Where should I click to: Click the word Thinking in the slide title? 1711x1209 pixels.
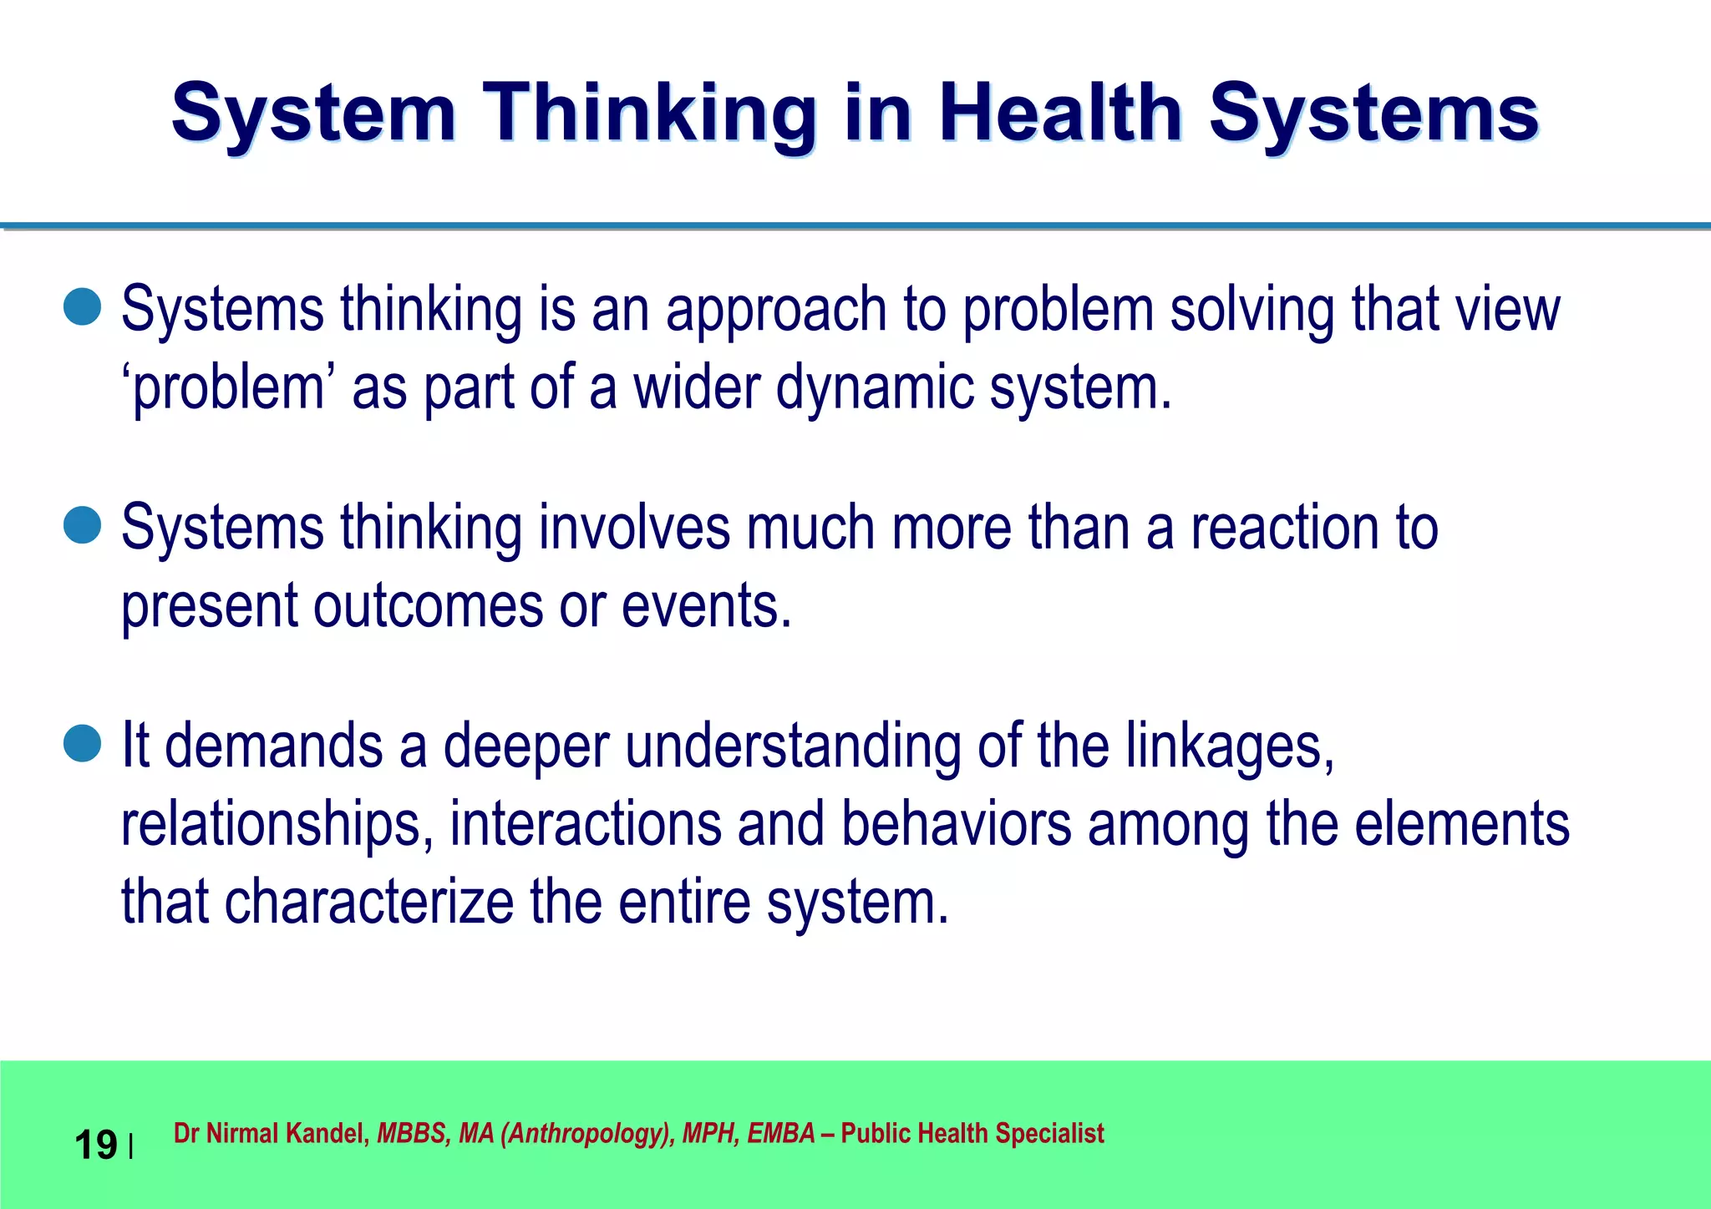tap(648, 115)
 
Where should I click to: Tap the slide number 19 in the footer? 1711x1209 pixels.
tap(95, 1145)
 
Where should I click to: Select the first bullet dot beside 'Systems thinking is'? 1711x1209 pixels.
tap(82, 307)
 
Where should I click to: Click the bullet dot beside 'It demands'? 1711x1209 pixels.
tap(82, 743)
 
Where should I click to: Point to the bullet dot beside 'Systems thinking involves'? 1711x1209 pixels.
tap(82, 525)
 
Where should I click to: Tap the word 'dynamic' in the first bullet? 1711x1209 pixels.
tap(874, 389)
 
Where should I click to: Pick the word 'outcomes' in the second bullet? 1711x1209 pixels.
tap(428, 606)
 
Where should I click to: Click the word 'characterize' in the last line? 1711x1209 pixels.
tap(368, 902)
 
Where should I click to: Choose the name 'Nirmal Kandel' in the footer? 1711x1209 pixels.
tap(285, 1134)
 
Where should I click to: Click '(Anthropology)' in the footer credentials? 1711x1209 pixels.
tap(587, 1134)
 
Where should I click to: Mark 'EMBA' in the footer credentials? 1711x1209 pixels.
tap(780, 1134)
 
